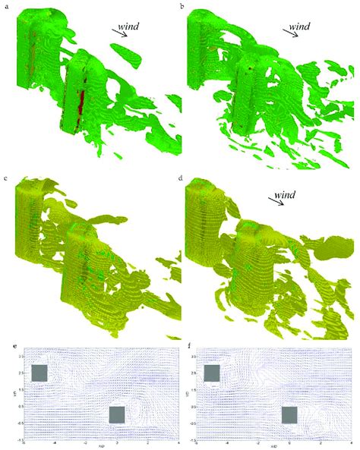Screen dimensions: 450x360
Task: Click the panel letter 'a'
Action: (5, 8)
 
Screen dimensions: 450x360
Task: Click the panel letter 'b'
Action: (186, 8)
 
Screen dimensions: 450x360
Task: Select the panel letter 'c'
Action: (5, 178)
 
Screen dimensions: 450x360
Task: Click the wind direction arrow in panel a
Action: (120, 32)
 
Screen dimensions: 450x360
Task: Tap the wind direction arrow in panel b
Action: (292, 36)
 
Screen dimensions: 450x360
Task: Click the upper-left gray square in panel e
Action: (39, 373)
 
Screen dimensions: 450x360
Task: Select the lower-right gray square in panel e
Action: (117, 414)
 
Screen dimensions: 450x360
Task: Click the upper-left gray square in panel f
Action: (212, 373)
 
